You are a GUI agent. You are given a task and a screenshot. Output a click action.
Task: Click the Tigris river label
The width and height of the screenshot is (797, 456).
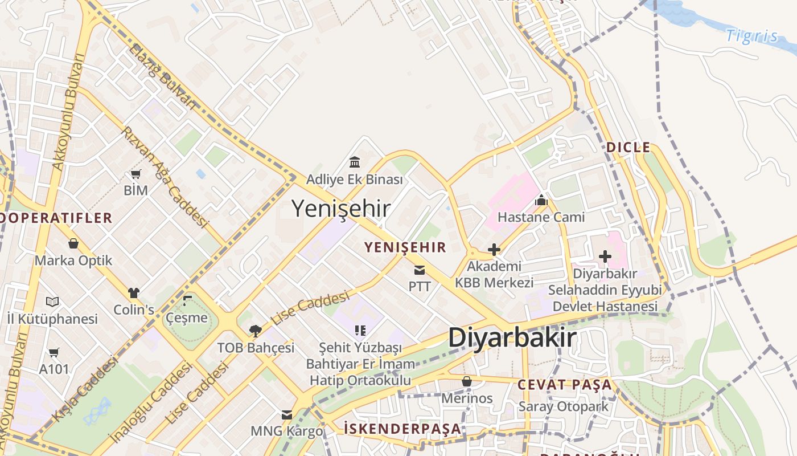pyautogui.click(x=751, y=36)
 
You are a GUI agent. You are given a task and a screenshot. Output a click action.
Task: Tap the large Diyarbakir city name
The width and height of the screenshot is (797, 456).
pyautogui.click(x=512, y=337)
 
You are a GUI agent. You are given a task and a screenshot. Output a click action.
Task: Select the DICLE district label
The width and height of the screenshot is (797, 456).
pyautogui.click(x=628, y=147)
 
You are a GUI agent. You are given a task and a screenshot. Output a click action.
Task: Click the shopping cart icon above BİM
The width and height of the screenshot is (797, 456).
pyautogui.click(x=135, y=174)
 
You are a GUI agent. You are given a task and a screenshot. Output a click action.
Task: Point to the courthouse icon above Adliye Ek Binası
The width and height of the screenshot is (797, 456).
pyautogui.click(x=355, y=162)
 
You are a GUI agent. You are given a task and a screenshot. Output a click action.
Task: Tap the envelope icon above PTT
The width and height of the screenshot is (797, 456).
pyautogui.click(x=420, y=270)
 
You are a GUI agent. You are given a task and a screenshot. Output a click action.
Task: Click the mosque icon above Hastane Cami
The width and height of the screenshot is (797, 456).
pyautogui.click(x=541, y=200)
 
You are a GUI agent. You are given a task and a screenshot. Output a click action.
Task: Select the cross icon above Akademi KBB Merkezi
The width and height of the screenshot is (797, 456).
pyautogui.click(x=494, y=249)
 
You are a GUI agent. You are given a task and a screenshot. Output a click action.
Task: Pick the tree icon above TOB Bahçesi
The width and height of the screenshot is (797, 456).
pyautogui.click(x=256, y=331)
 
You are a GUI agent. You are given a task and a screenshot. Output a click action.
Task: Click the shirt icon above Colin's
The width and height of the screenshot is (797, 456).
pyautogui.click(x=134, y=293)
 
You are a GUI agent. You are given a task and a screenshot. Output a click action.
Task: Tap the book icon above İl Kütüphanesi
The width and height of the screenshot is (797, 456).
pyautogui.click(x=52, y=302)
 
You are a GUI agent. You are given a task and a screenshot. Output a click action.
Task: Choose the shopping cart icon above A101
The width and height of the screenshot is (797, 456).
pyautogui.click(x=54, y=352)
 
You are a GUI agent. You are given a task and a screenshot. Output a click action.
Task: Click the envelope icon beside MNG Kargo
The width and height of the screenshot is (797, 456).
pyautogui.click(x=287, y=415)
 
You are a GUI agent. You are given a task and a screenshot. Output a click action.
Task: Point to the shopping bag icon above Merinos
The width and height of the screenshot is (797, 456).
pyautogui.click(x=467, y=381)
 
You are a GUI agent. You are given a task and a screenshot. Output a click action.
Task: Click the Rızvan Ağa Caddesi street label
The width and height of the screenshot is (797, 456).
pyautogui.click(x=165, y=177)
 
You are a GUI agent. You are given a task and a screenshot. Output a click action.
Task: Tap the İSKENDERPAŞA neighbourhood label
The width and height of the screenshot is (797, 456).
pyautogui.click(x=402, y=428)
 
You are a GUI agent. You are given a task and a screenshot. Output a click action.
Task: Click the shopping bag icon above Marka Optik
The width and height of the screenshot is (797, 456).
pyautogui.click(x=73, y=244)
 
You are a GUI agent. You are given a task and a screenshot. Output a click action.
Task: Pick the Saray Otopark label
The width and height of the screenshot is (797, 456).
pyautogui.click(x=563, y=406)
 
